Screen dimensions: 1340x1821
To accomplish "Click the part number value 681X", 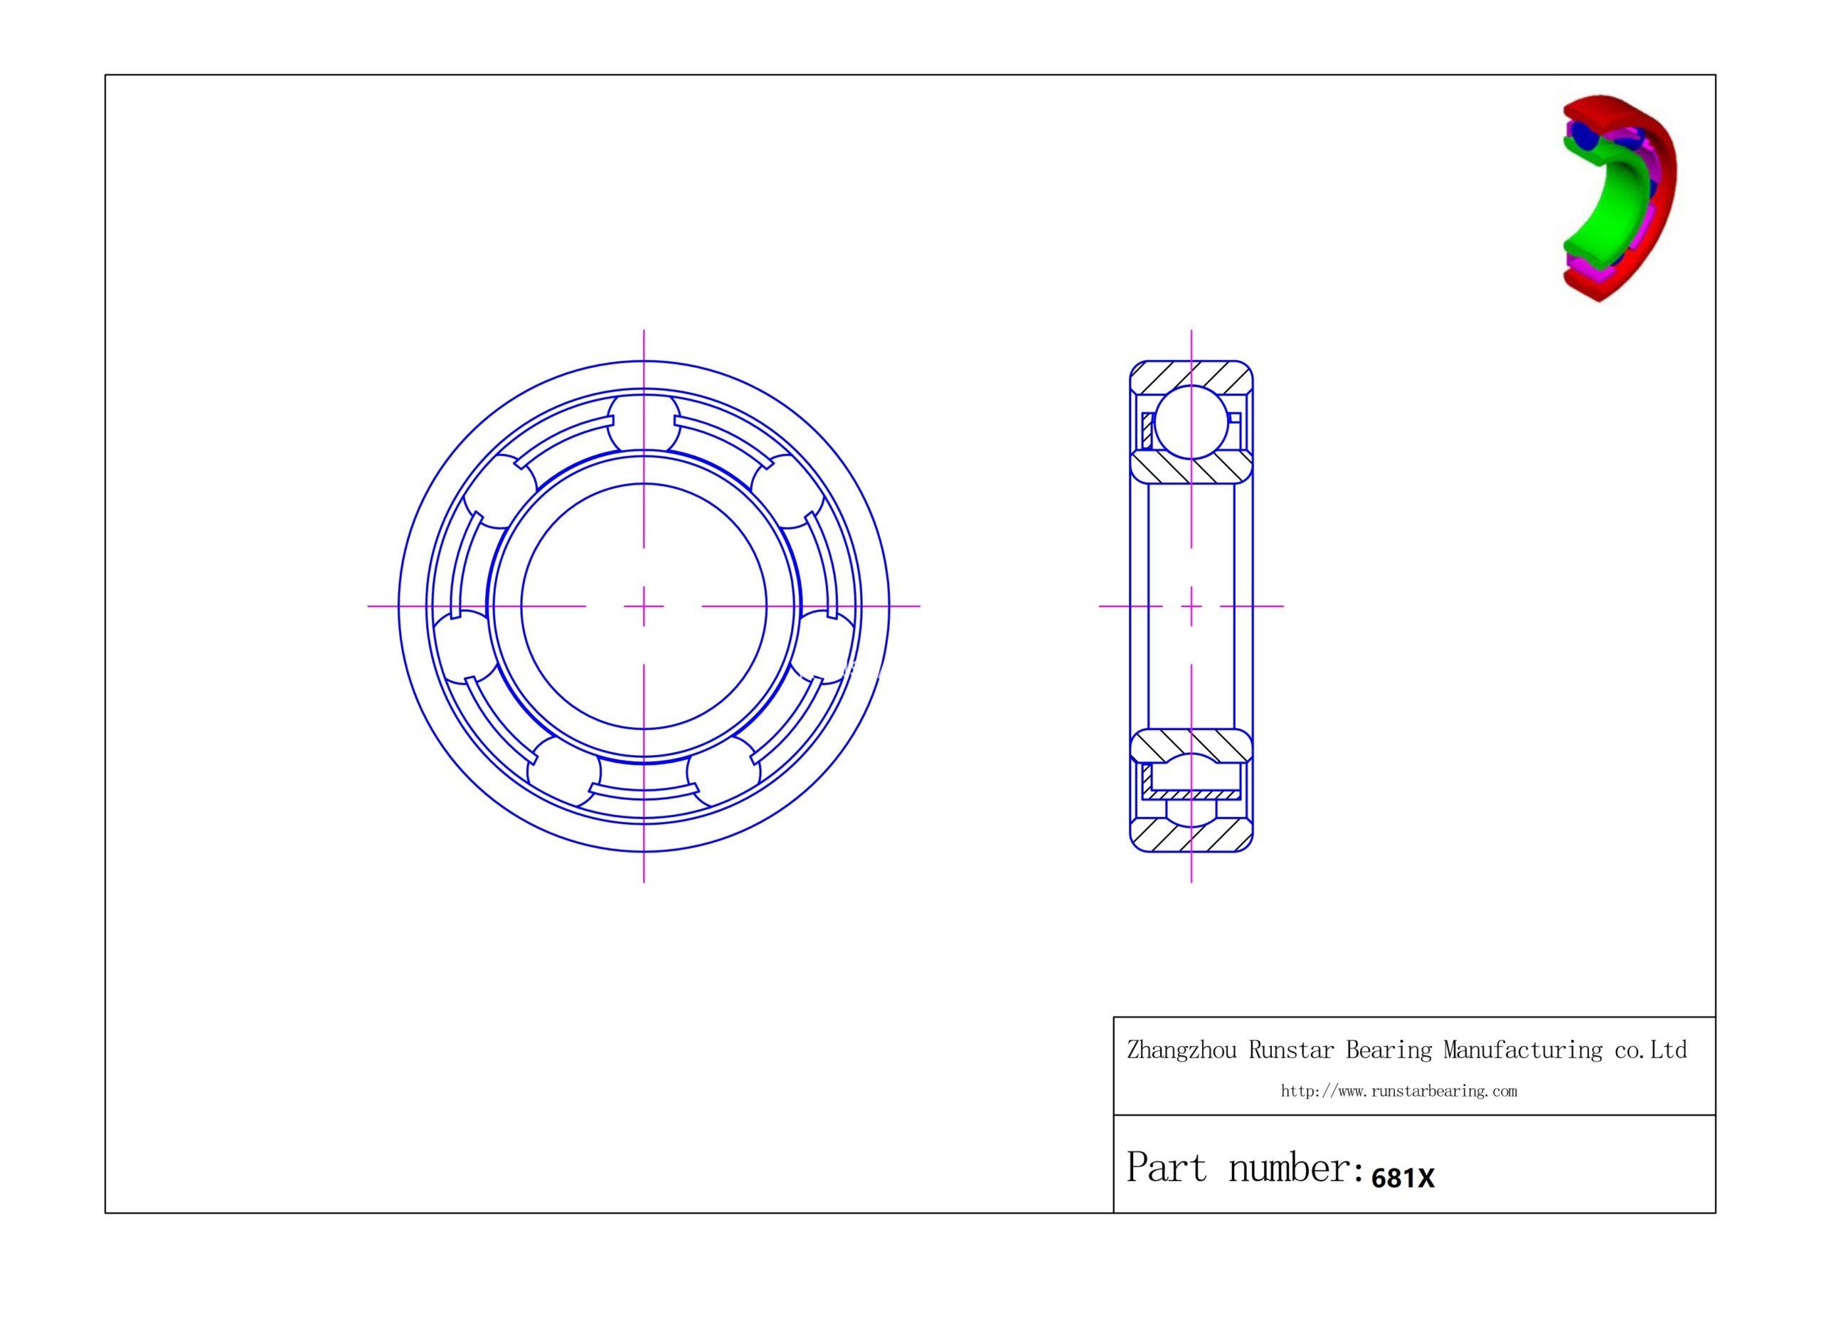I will coord(1402,1178).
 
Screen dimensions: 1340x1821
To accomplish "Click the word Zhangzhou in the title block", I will coord(1182,1050).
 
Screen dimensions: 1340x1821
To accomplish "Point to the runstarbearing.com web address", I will coord(1398,1092).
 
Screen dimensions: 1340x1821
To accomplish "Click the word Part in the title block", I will coord(1167,1168).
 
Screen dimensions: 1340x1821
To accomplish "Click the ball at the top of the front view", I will coord(644,422).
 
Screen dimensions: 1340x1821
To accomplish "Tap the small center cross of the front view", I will coord(644,606).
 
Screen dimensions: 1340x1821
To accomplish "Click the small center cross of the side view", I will coord(1191,606).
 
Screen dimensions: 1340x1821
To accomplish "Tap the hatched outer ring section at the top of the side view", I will coord(1191,376).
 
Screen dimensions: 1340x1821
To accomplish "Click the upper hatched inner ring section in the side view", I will coord(1191,468).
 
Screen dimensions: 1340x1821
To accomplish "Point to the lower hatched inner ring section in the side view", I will coord(1191,744).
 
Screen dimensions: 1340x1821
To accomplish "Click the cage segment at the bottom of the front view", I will coord(644,788).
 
